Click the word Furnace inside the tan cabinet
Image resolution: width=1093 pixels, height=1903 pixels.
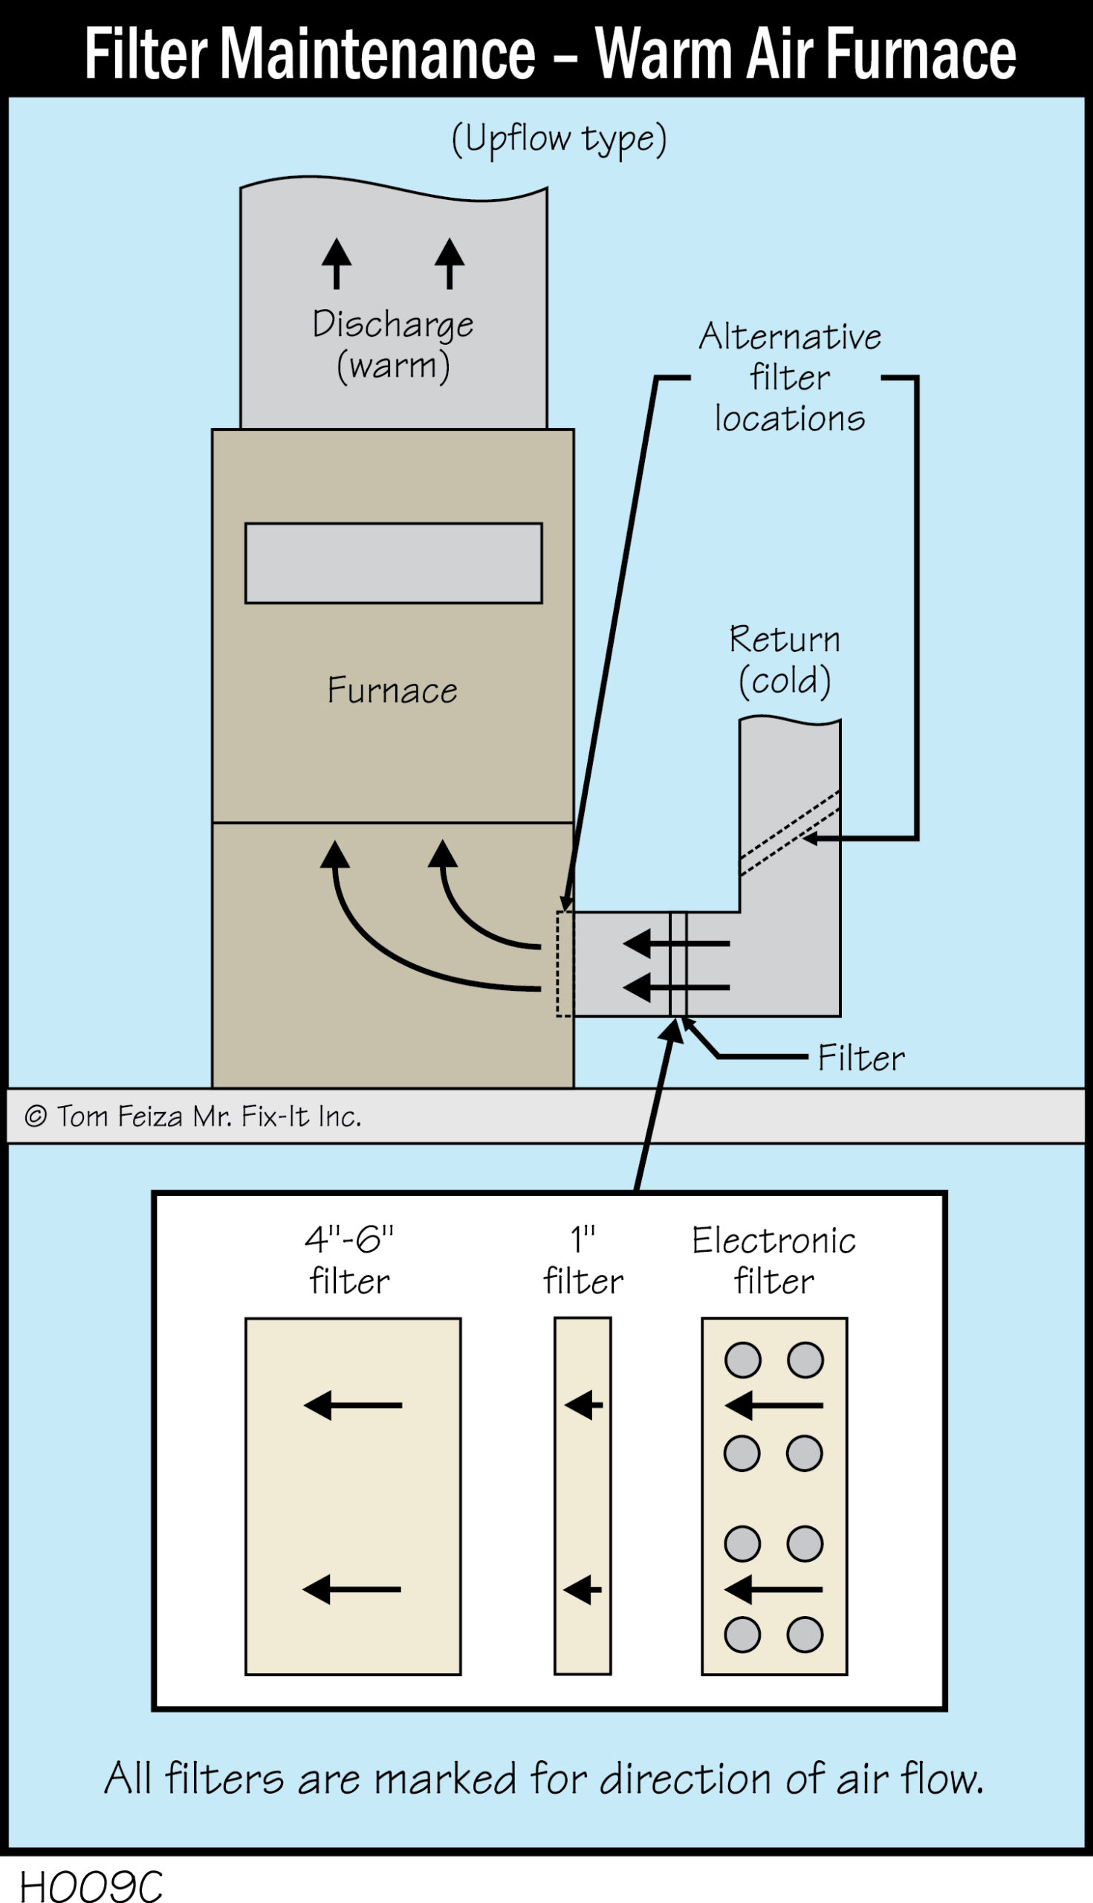tap(392, 689)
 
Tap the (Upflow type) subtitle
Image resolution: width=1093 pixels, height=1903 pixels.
tap(559, 139)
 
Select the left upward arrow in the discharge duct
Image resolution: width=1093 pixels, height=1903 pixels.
tap(337, 263)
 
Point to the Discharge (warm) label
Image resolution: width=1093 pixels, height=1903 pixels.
tap(392, 344)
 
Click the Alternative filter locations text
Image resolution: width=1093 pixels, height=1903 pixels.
tap(789, 377)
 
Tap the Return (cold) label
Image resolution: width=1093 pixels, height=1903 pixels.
tap(785, 659)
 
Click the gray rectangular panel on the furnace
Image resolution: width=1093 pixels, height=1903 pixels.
tap(393, 563)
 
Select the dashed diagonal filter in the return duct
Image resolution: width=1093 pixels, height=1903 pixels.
tap(790, 833)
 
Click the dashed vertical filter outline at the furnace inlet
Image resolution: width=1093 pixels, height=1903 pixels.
tap(564, 963)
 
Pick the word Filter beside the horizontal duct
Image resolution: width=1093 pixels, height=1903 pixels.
tap(861, 1057)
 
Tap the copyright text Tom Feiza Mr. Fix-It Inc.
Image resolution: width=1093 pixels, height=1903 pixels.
tap(194, 1116)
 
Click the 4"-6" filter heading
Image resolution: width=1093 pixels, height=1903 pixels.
tap(349, 1259)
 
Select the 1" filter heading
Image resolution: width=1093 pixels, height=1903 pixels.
tap(583, 1259)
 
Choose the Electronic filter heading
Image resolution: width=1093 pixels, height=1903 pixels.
tap(773, 1259)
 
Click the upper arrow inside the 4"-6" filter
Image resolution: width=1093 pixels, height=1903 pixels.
tap(353, 1404)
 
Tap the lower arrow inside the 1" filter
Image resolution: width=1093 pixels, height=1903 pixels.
tap(583, 1589)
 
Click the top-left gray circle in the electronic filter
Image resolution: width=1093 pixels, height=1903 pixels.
tap(742, 1360)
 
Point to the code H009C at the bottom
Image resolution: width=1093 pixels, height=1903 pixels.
tap(90, 1885)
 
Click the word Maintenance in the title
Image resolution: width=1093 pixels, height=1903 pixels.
tap(378, 54)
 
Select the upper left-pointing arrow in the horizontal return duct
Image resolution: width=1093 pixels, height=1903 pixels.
tap(675, 943)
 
